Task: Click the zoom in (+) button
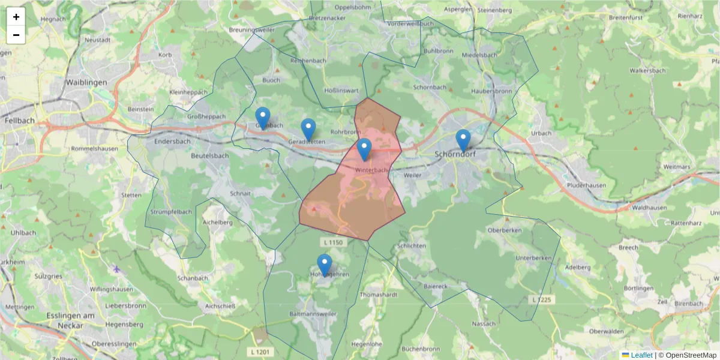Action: coord(16,17)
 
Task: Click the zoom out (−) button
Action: coord(16,35)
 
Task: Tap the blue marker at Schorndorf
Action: coord(463,140)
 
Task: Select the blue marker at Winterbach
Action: coord(364,149)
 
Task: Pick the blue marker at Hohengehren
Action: coord(325,265)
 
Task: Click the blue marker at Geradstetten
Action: coord(308,130)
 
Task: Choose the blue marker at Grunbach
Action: coord(263,118)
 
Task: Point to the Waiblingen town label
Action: coord(86,82)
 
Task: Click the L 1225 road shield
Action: coord(542,299)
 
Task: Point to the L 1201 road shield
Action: coord(260,351)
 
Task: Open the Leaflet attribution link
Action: coord(641,355)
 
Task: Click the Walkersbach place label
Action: coord(647,70)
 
